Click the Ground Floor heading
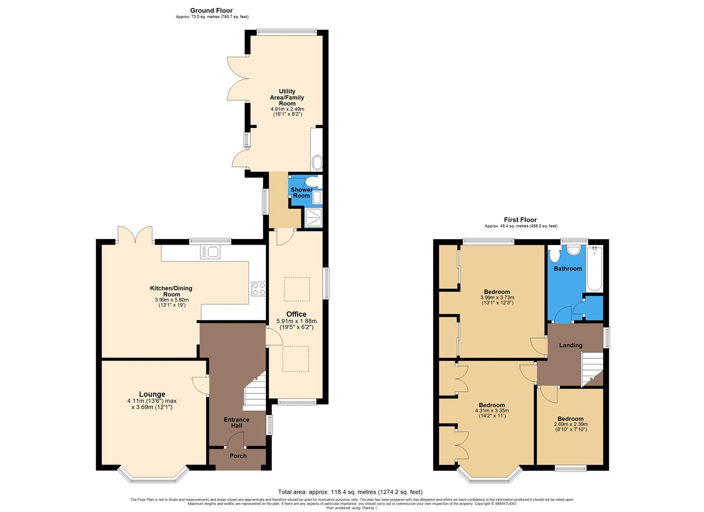[211, 10]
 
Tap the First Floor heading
[521, 220]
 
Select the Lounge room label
[152, 394]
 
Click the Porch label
[238, 456]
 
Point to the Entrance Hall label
[236, 422]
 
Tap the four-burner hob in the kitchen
[258, 289]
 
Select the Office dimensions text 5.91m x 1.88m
[296, 321]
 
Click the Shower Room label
[302, 192]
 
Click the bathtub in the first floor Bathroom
[594, 269]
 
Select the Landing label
[570, 345]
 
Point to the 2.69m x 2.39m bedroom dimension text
[570, 425]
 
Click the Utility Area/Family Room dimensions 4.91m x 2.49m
[287, 109]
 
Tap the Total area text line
[350, 492]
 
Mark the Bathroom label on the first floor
[567, 269]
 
